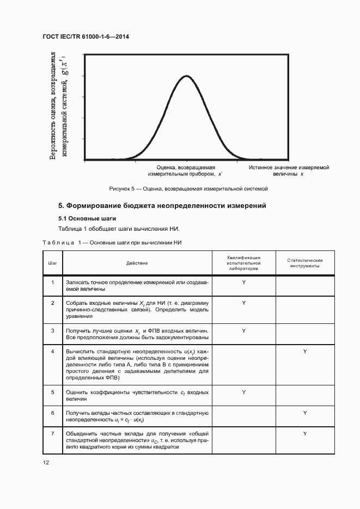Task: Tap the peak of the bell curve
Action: (x=186, y=76)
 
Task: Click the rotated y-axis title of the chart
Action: (x=59, y=106)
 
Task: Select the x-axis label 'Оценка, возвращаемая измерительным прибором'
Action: (x=186, y=171)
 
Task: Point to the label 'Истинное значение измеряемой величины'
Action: (x=289, y=171)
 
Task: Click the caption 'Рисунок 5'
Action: (x=189, y=189)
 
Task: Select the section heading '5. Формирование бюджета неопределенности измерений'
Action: (x=162, y=206)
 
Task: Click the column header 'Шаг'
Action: (x=53, y=263)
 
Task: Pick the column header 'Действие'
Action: (x=137, y=263)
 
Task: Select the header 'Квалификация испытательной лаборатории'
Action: (x=243, y=263)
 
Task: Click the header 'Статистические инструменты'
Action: (x=305, y=263)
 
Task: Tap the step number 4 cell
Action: (x=53, y=352)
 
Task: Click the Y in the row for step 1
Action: (x=243, y=283)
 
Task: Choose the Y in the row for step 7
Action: (x=305, y=433)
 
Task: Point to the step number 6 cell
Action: (x=53, y=413)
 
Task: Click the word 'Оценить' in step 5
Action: (x=76, y=392)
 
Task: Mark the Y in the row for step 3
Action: (x=243, y=330)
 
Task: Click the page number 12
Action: (x=46, y=463)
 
